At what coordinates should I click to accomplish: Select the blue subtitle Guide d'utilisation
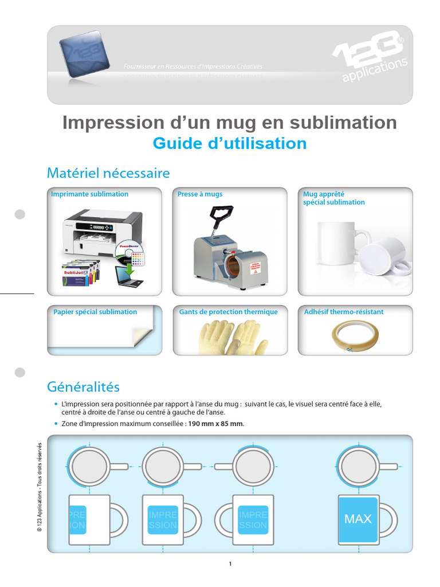click(229, 143)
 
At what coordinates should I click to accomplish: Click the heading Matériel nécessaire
click(108, 173)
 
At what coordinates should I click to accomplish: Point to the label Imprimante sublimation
click(90, 194)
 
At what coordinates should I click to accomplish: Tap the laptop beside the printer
click(129, 276)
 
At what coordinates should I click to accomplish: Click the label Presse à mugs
click(200, 194)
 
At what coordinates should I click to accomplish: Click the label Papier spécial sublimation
click(95, 312)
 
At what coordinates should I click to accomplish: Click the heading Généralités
click(83, 387)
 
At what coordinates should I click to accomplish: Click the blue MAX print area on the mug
click(358, 519)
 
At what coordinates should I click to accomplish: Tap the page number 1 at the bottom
click(230, 564)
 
